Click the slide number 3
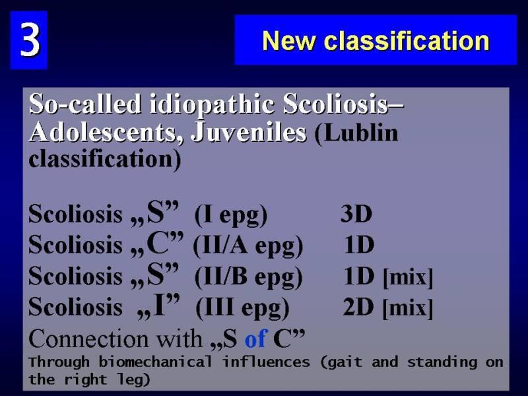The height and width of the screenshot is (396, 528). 30,40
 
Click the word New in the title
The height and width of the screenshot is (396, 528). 288,41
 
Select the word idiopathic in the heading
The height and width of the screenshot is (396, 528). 212,104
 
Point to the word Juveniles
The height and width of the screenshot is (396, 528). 249,132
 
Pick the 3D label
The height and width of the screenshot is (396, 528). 356,213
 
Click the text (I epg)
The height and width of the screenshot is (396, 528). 231,215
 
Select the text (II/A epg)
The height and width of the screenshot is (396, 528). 248,246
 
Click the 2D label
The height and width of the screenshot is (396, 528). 358,307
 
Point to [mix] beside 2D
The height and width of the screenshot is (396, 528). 408,308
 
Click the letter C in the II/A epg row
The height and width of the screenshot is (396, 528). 158,244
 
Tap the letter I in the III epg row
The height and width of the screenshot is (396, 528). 159,305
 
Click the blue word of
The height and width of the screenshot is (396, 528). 256,339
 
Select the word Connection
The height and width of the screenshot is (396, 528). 88,339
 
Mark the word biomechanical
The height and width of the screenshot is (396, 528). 155,362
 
